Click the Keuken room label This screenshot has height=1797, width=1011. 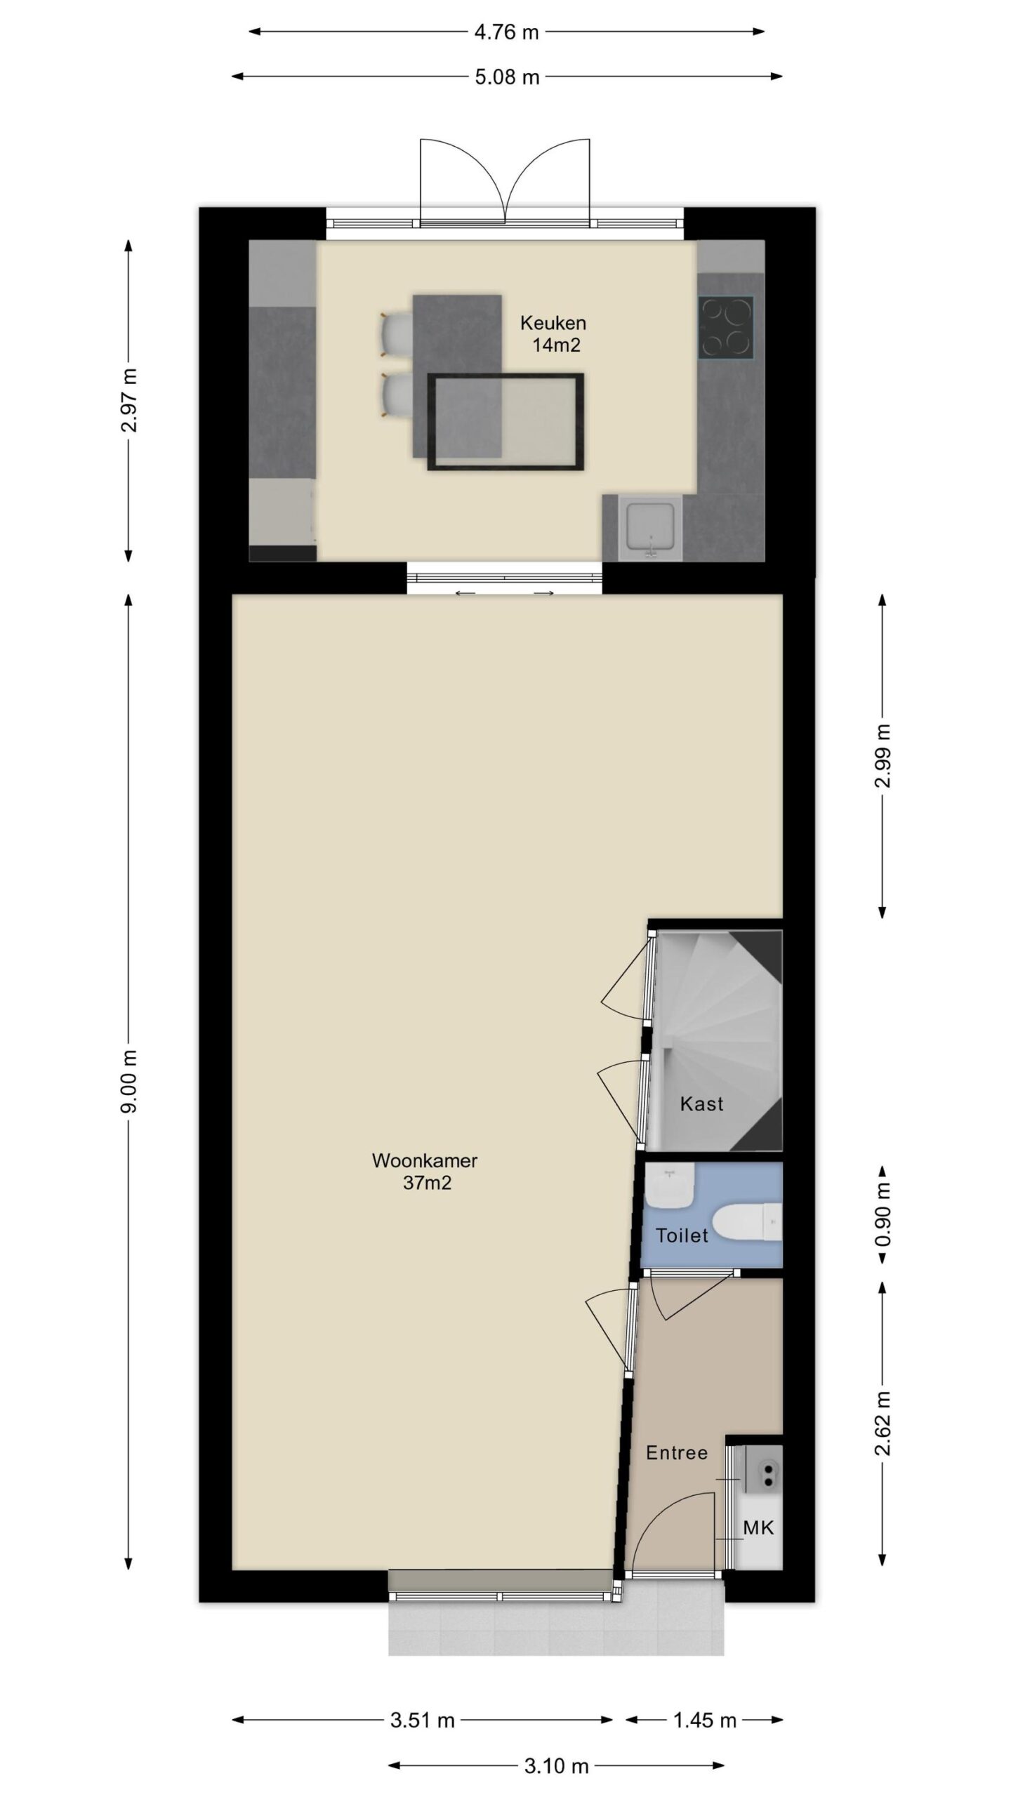pos(553,323)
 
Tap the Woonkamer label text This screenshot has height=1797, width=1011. pos(425,1160)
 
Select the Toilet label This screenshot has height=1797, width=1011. pos(682,1235)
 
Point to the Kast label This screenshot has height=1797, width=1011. pos(701,1104)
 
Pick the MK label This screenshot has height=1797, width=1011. pos(758,1527)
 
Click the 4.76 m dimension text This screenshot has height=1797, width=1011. pos(506,32)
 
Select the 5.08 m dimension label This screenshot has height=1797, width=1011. pos(507,77)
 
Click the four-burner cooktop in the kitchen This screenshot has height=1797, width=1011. pos(725,328)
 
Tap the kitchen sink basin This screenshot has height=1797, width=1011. pos(650,528)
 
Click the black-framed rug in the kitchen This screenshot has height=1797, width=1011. pos(505,422)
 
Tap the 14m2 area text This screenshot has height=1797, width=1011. pos(556,345)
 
